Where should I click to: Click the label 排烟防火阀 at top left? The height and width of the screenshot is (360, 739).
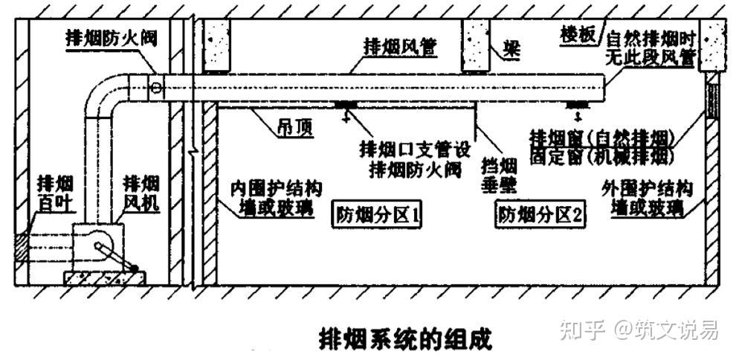coord(113,38)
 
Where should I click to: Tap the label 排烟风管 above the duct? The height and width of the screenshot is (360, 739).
coord(399,45)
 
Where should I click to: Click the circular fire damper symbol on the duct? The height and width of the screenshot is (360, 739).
coord(155,87)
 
